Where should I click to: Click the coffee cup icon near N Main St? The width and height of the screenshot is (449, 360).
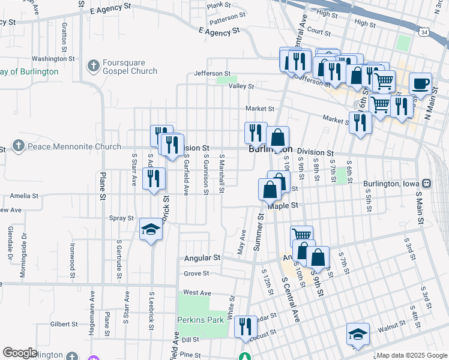tap(421, 85)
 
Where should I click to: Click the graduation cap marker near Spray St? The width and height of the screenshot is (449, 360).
tap(151, 230)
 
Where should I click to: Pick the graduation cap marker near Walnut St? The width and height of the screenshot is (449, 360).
tap(358, 335)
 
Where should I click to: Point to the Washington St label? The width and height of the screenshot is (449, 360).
tap(49, 59)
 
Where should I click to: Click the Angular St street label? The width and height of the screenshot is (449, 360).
tap(201, 257)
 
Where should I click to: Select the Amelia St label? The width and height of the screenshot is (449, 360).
tap(23, 196)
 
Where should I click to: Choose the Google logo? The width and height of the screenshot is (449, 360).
tap(20, 353)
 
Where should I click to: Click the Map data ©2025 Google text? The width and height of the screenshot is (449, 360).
tap(412, 355)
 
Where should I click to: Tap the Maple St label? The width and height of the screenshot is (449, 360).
tap(283, 206)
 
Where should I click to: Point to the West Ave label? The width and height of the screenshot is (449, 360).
tap(197, 292)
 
